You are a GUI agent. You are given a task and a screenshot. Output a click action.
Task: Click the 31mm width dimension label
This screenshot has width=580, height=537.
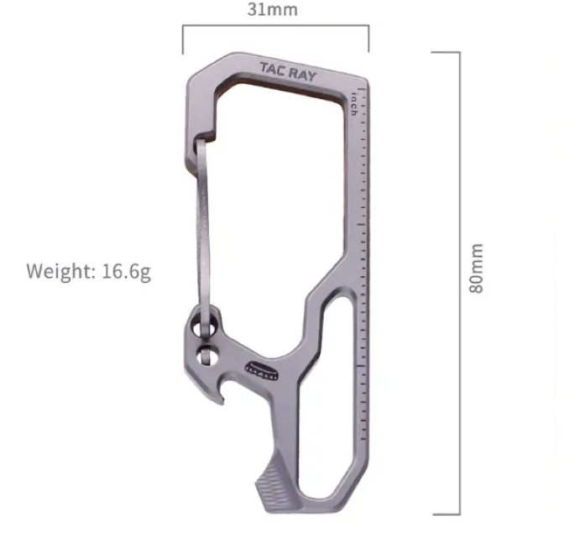272,9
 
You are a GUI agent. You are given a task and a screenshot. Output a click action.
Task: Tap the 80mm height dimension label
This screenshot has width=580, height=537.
476,268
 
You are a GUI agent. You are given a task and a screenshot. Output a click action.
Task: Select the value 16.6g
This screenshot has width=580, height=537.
126,272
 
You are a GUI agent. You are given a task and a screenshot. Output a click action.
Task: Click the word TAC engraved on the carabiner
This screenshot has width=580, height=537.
272,69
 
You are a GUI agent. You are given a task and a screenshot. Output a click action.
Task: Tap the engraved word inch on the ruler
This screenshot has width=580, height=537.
353,104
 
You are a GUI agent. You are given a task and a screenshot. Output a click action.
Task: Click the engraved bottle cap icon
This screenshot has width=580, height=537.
262,370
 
